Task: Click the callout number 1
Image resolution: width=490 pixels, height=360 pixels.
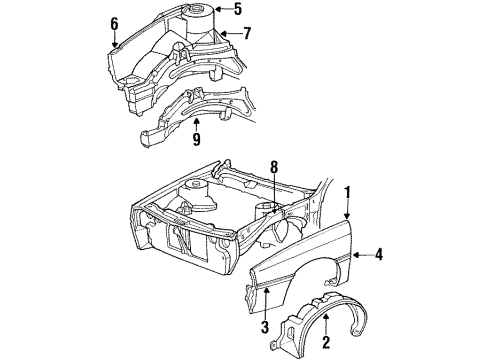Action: pos(348,191)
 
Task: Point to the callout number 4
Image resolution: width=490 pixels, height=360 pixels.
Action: pos(379,255)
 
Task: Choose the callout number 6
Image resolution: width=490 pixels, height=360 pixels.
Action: pos(114,22)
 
